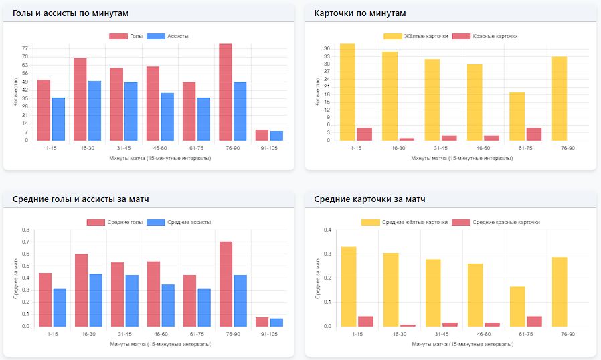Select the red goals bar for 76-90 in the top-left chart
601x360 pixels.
click(x=225, y=92)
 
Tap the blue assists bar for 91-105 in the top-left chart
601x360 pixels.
click(x=276, y=136)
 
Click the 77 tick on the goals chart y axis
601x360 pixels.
click(x=25, y=48)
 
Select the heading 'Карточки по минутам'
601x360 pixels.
click(x=360, y=13)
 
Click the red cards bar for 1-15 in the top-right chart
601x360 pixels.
click(x=364, y=134)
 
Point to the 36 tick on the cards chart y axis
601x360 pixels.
click(x=328, y=49)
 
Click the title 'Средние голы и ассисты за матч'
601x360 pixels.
click(x=80, y=199)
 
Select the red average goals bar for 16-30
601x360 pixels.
click(x=81, y=290)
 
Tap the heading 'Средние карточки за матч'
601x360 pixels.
click(x=369, y=199)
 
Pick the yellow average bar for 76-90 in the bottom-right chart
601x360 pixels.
click(x=559, y=292)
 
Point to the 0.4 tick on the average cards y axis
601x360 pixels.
click(x=328, y=230)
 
